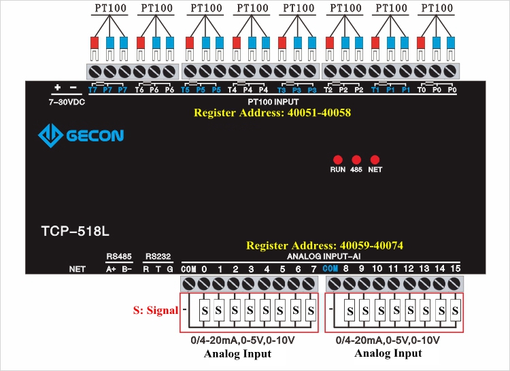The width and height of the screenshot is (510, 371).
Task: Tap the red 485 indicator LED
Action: [356, 159]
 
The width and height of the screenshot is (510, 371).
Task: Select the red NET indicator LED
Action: [374, 159]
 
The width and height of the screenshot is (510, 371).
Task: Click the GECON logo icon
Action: [50, 135]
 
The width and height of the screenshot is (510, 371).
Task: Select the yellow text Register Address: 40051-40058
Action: [272, 113]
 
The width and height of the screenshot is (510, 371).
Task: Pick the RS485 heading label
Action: [119, 257]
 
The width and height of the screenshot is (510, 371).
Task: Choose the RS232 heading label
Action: [158, 257]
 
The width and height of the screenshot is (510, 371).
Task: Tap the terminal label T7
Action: [93, 90]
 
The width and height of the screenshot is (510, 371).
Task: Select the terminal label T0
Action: [422, 90]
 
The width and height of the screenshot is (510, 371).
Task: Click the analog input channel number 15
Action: [455, 269]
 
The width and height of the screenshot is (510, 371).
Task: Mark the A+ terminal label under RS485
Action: [112, 269]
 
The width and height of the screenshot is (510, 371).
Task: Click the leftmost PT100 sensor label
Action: [108, 9]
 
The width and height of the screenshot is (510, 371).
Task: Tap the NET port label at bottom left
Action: [78, 269]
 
